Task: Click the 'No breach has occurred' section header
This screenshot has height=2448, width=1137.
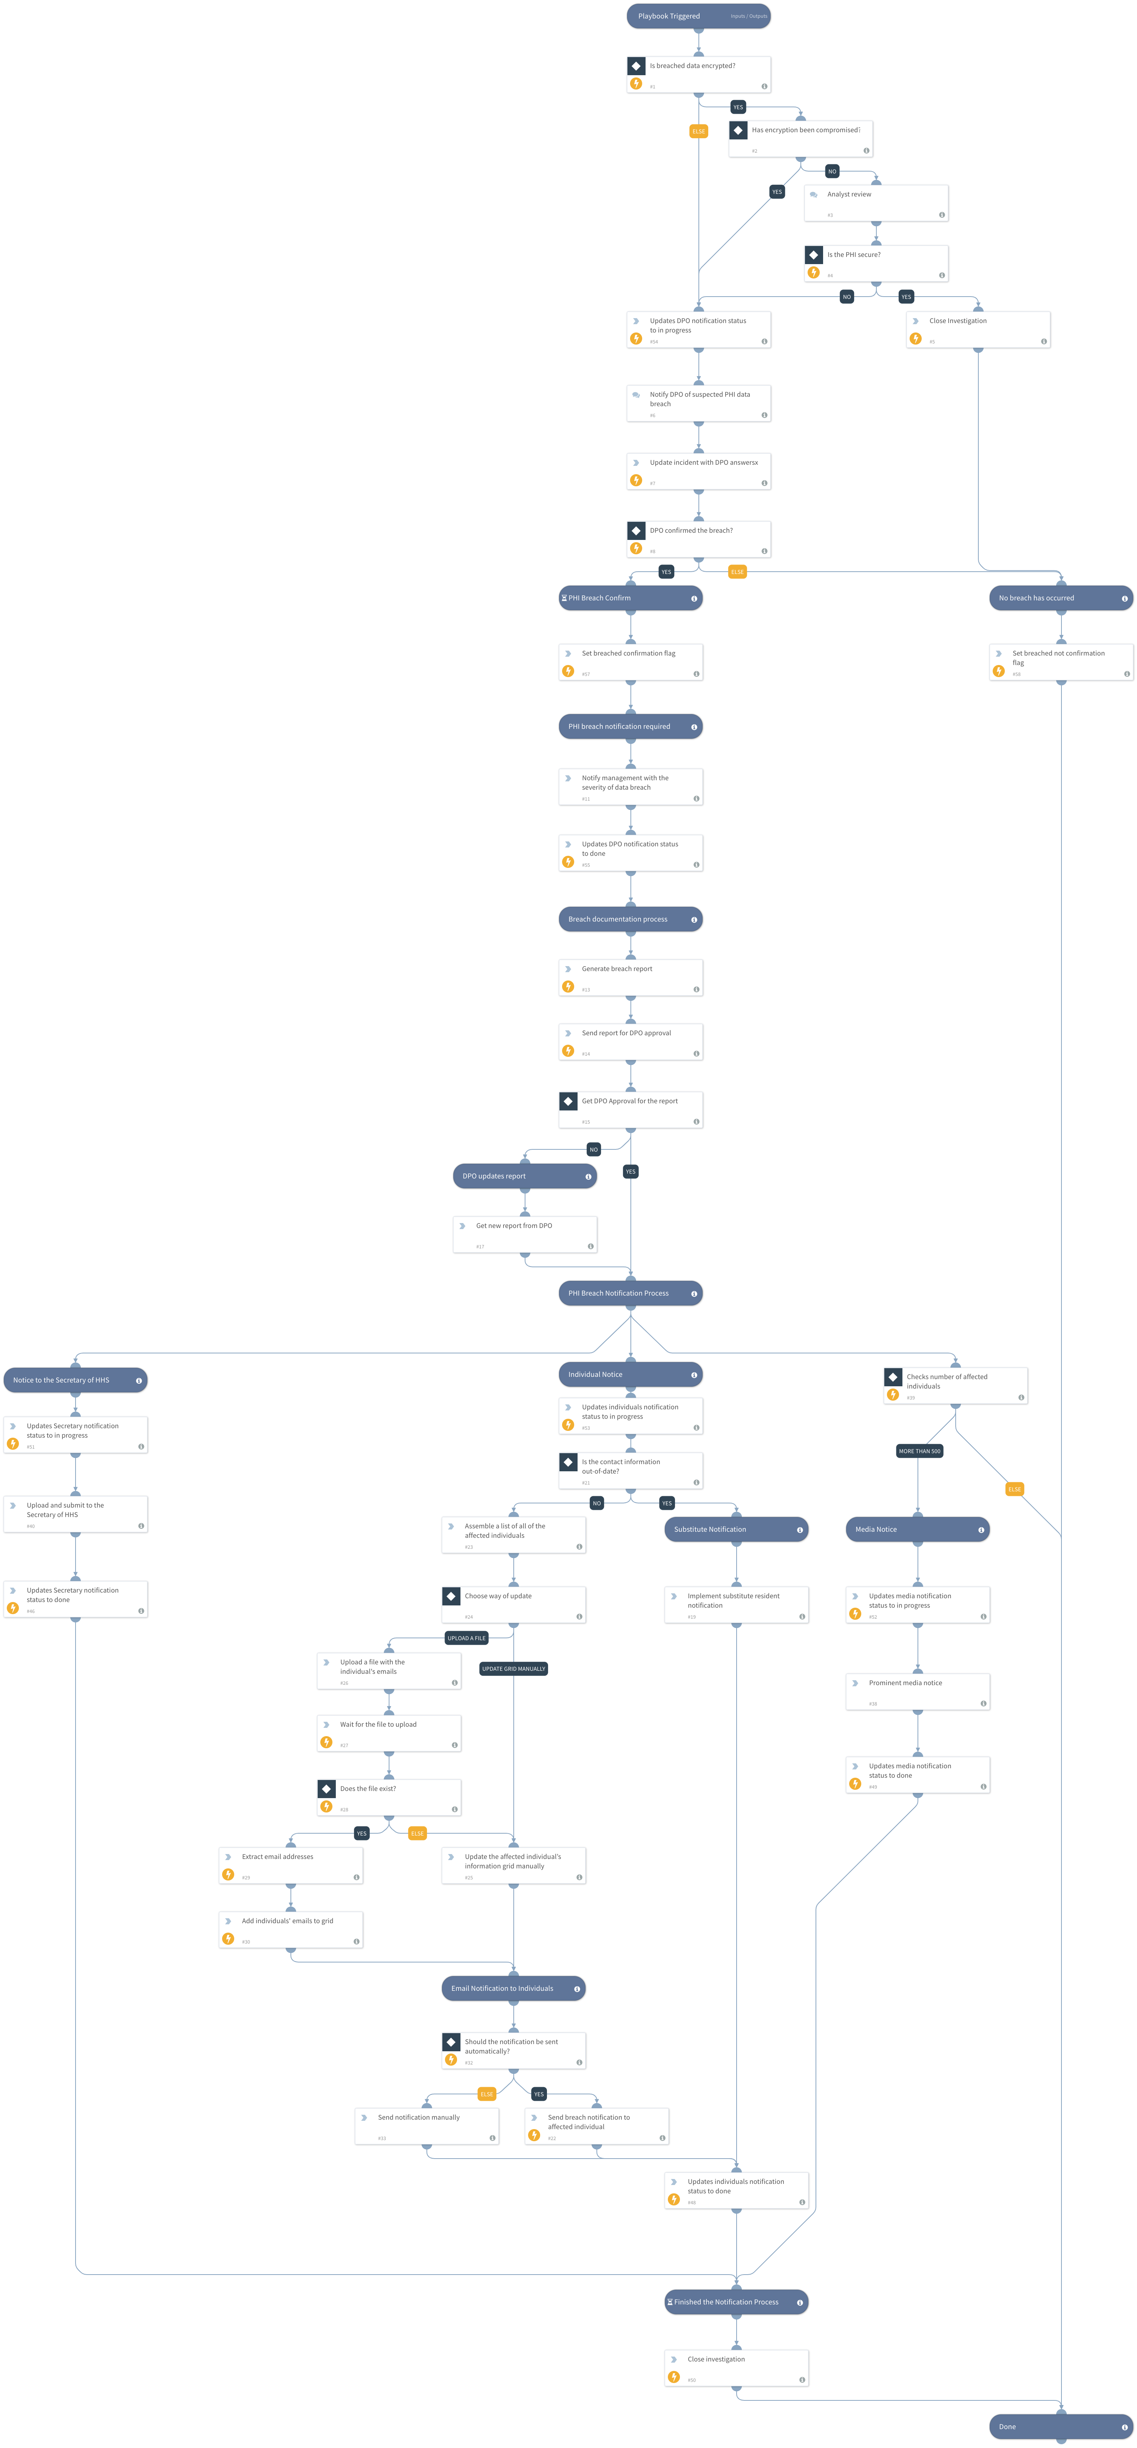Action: click(x=1060, y=598)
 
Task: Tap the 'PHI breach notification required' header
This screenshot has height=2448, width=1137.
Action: click(x=630, y=726)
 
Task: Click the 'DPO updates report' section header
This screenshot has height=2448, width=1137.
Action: click(x=524, y=1175)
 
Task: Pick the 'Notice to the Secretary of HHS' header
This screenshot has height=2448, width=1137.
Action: click(x=75, y=1380)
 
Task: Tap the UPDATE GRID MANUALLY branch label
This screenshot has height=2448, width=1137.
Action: click(x=513, y=1669)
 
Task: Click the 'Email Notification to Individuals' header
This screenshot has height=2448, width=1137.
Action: click(x=513, y=1988)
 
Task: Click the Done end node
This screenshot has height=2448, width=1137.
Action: click(x=1060, y=2426)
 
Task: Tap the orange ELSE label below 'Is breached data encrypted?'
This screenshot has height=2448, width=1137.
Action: click(x=698, y=131)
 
